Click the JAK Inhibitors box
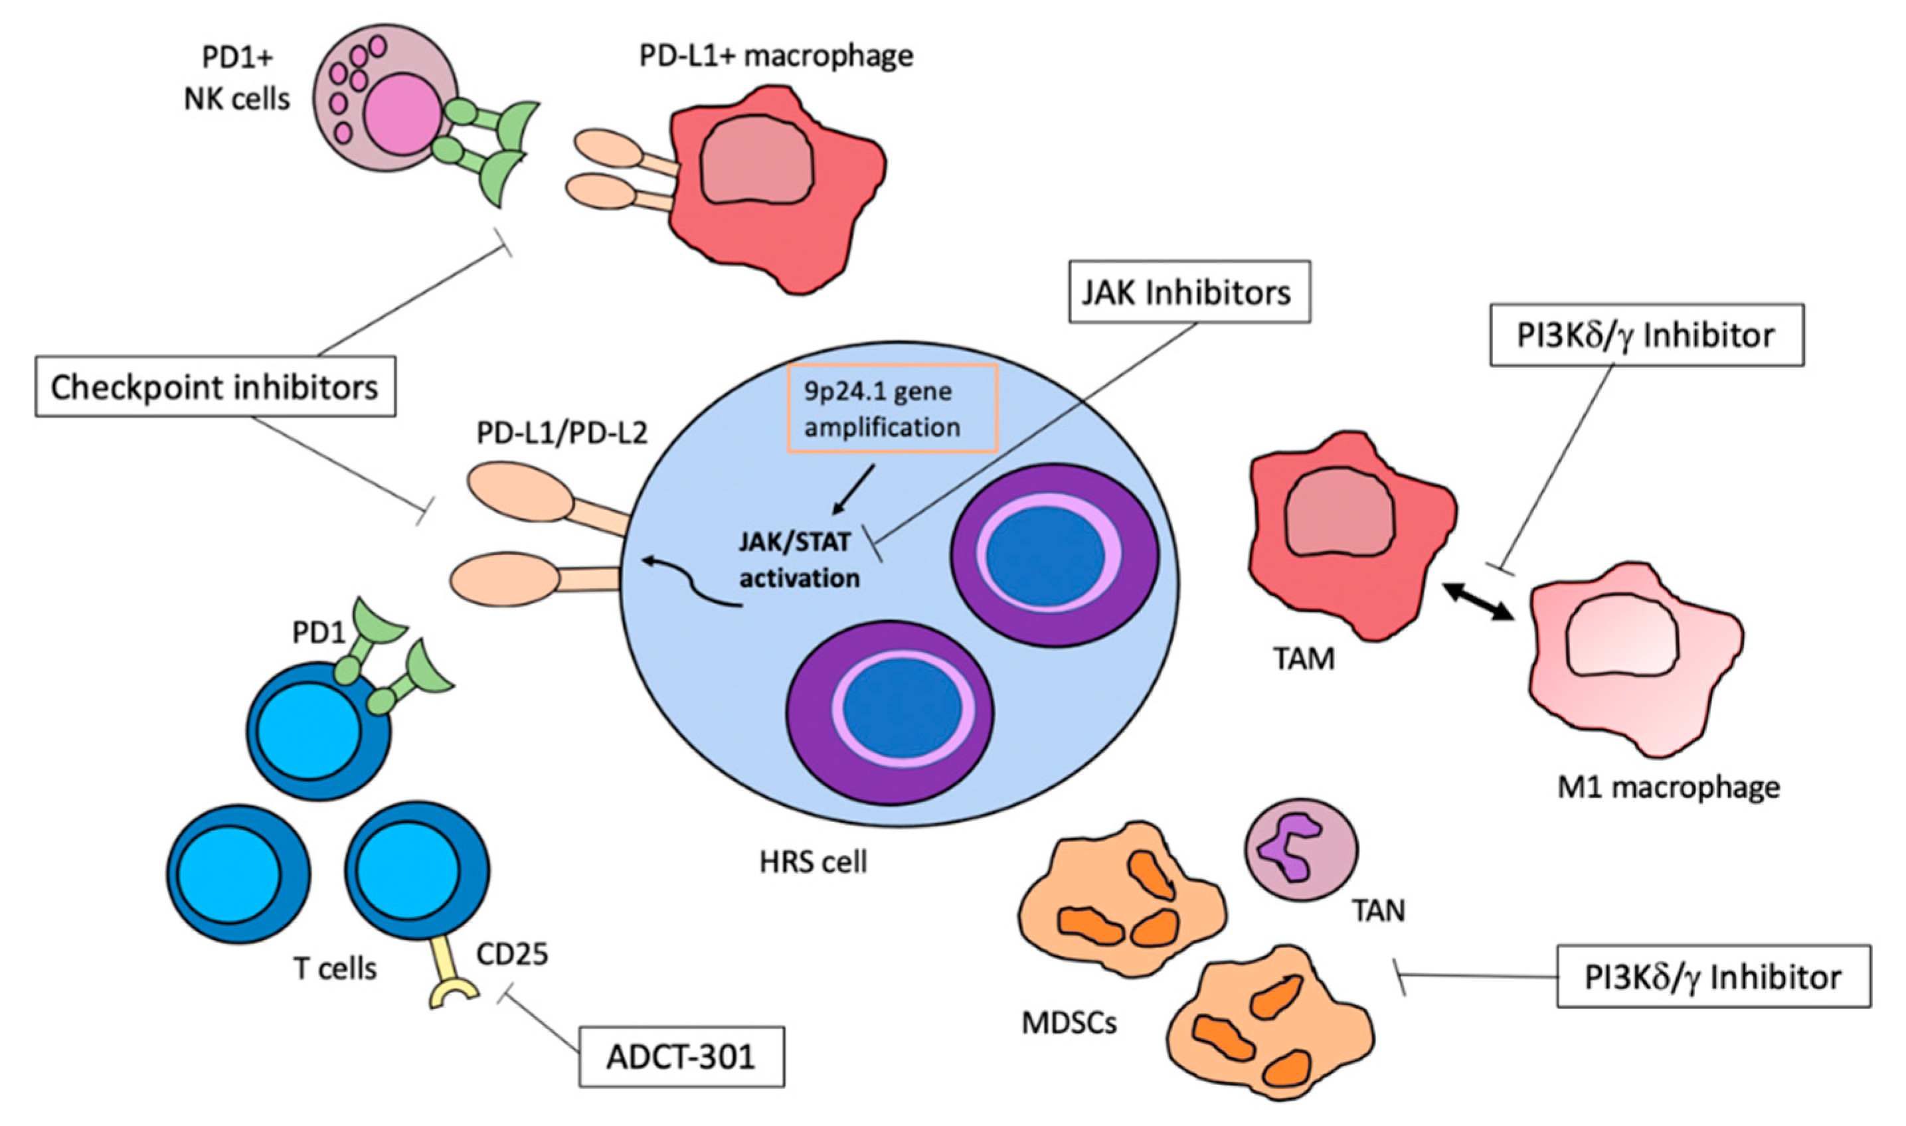(1189, 292)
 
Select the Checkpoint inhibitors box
(215, 387)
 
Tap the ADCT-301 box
(681, 1056)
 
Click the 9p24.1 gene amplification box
(893, 409)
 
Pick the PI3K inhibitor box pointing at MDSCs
(1713, 976)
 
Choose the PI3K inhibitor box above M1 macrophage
(1646, 335)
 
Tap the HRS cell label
(813, 862)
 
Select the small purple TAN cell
(1300, 848)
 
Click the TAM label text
(1303, 659)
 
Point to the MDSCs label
(1069, 1023)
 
